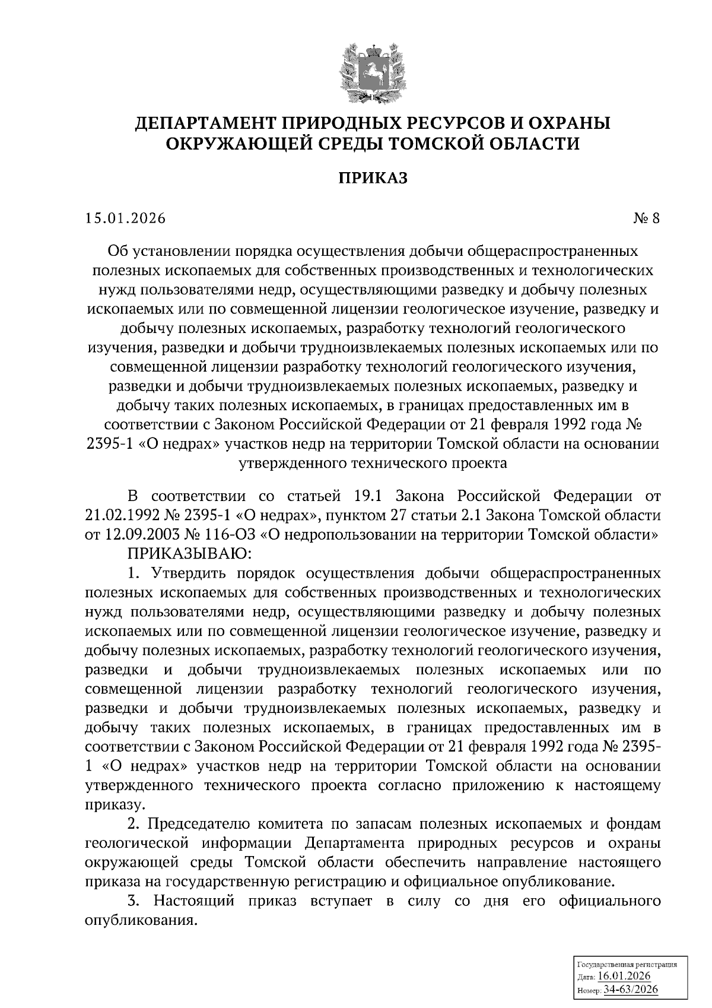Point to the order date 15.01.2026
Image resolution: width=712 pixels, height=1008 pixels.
[125, 218]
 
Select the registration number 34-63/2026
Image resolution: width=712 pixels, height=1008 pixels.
[631, 989]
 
